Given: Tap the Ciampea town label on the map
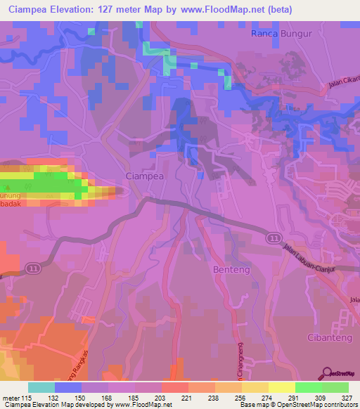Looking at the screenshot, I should point(144,176).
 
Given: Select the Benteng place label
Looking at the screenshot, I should point(229,269).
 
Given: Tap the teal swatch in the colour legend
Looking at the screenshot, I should point(41,387).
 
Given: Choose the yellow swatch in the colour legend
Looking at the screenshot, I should point(282,387).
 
